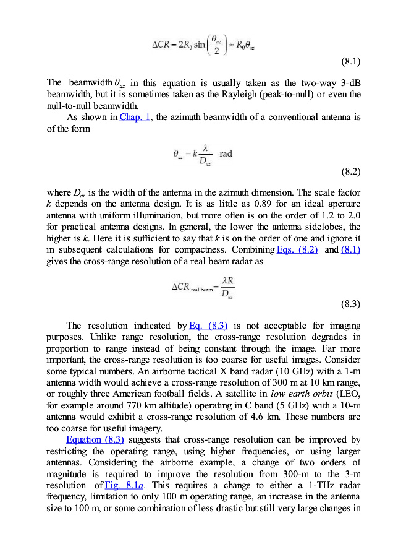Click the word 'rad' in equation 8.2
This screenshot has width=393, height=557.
pyautogui.click(x=226, y=153)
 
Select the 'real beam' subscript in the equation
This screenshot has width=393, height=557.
pyautogui.click(x=201, y=289)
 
